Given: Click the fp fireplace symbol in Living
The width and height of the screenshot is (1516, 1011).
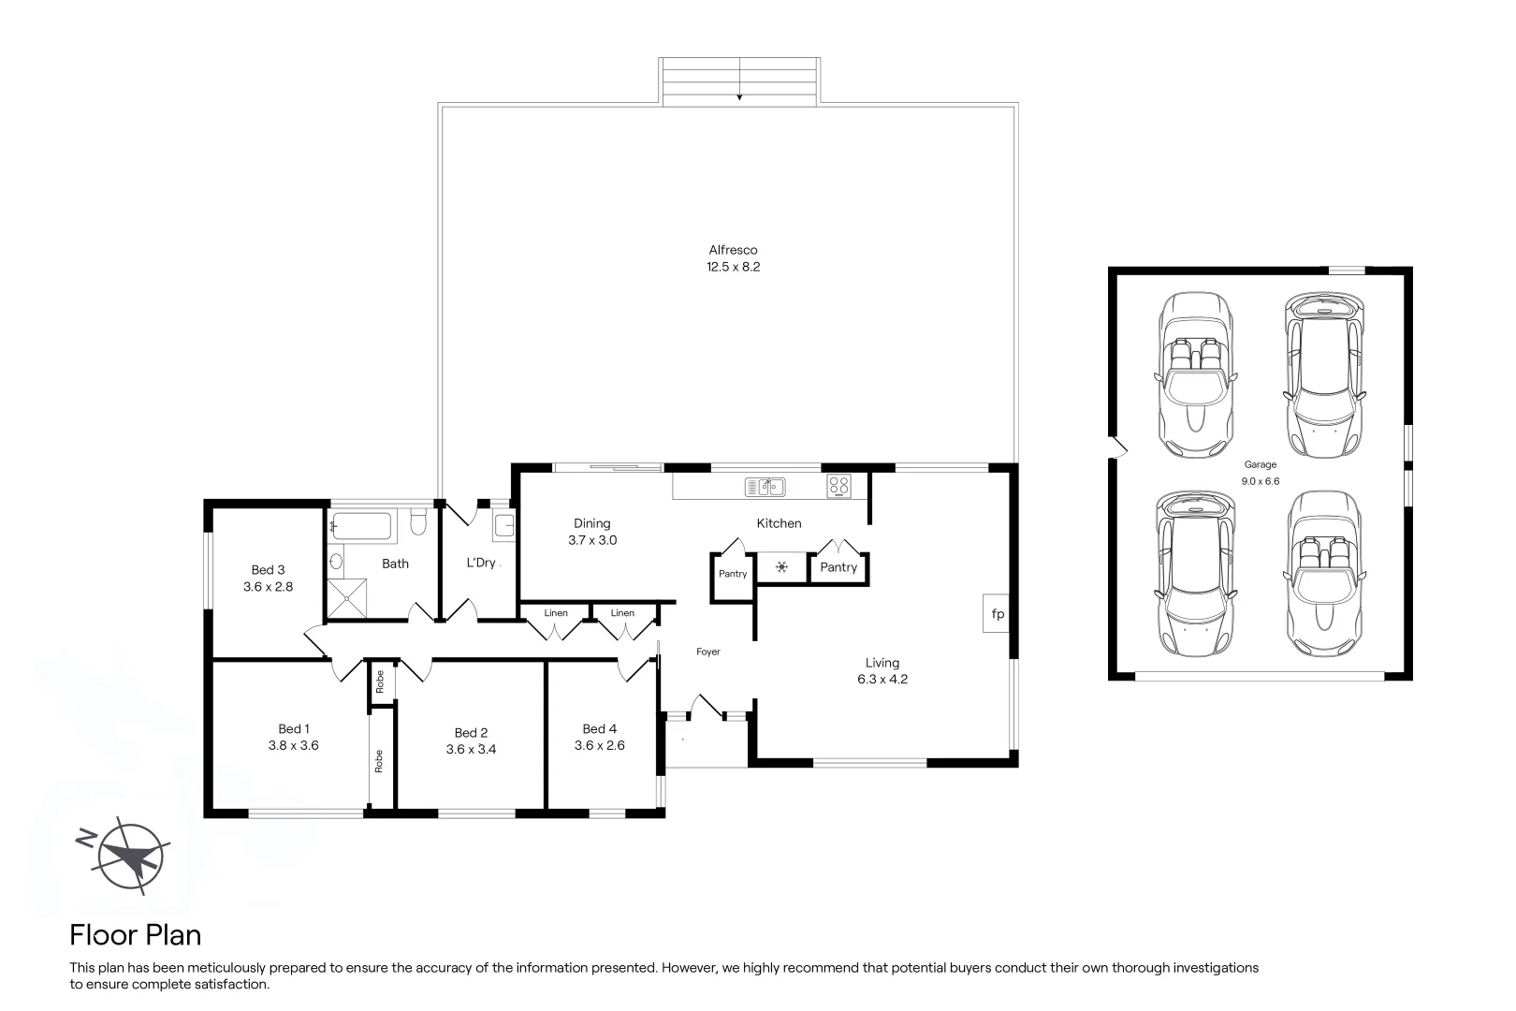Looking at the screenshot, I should coord(997,614).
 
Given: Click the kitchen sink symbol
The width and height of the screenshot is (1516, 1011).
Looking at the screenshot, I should coord(765,486).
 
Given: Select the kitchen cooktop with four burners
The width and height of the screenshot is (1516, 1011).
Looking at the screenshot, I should coord(838,486).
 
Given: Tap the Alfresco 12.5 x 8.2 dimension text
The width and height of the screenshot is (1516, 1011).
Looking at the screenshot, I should coord(733,267).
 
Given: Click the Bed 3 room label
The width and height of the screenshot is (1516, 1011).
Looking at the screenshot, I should coord(268,569).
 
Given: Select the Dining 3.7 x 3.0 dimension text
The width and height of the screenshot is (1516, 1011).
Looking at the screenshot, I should coord(592,540).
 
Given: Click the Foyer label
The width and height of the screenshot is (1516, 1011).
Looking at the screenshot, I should coord(708,652).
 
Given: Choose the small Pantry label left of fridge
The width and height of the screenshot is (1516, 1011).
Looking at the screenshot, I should coord(733,574).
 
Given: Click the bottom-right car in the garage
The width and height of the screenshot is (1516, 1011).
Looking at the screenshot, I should coord(1325,573).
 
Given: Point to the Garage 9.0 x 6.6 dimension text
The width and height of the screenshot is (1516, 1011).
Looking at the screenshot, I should coord(1260,481).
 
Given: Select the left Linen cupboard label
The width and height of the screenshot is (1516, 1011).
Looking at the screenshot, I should coord(556,613).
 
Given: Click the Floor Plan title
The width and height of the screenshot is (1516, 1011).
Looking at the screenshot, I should coord(136,934).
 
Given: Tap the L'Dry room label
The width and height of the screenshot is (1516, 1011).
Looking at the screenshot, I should coord(481,563).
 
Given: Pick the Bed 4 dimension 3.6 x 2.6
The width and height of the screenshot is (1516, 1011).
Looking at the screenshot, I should coord(599,746).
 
